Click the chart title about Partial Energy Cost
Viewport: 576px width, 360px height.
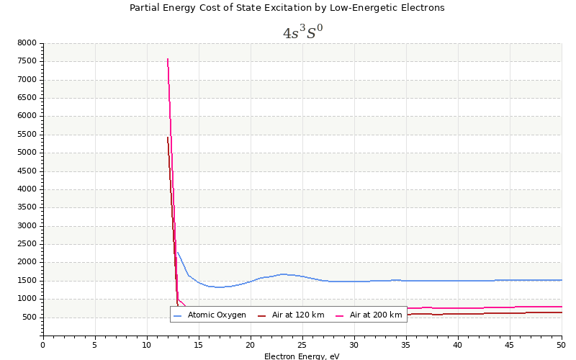[x=287, y=8]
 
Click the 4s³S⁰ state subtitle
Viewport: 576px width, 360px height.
[x=302, y=33]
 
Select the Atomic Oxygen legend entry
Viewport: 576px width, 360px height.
[x=217, y=315]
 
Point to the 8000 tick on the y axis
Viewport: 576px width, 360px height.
[x=27, y=43]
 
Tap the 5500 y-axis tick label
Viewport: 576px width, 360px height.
[x=27, y=135]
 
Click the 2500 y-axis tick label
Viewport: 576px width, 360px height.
[x=27, y=244]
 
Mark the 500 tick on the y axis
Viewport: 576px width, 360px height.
[x=29, y=318]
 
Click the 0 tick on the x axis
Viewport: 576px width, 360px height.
[x=42, y=345]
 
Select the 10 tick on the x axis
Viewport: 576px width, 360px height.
[x=146, y=345]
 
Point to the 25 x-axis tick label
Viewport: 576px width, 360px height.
[x=302, y=345]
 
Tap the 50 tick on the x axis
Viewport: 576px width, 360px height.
[x=561, y=345]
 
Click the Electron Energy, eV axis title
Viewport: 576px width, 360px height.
[x=302, y=356]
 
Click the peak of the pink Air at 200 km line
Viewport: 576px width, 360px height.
[x=168, y=59]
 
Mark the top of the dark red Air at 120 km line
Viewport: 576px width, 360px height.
[x=168, y=138]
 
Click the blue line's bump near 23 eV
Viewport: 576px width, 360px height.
[x=283, y=274]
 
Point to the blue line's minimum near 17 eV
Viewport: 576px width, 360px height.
[x=219, y=287]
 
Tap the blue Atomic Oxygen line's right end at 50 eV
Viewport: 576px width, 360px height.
[x=561, y=280]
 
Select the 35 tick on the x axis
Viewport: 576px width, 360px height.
[x=405, y=345]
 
